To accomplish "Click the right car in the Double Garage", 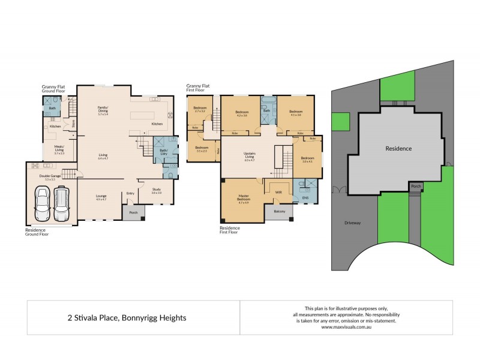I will click(x=62, y=205).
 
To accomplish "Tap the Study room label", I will click(x=156, y=191).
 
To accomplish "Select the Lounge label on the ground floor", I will click(x=101, y=197).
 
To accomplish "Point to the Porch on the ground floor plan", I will click(x=133, y=211).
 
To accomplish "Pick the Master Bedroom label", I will click(x=244, y=199).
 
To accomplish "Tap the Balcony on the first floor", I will click(x=279, y=211).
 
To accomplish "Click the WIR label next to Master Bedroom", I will click(x=278, y=192).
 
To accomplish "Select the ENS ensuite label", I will click(x=305, y=197).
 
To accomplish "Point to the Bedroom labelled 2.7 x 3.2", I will click(x=200, y=109).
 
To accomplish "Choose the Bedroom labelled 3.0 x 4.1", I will click(x=308, y=160).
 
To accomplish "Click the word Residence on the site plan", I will click(x=398, y=148).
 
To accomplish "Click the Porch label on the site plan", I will click(x=415, y=187).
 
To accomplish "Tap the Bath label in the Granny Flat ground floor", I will click(x=52, y=108).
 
